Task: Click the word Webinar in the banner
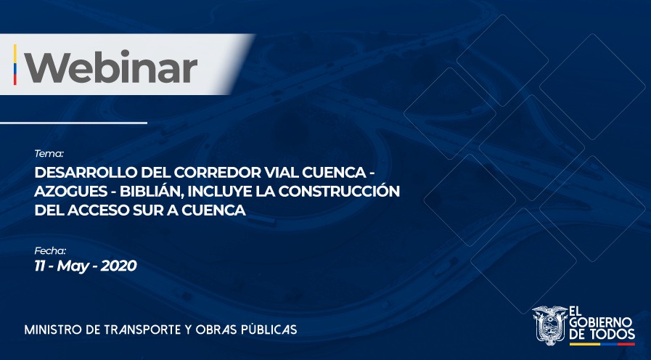111,67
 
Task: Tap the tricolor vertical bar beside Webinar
15,65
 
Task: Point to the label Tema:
49,154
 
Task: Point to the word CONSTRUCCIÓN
339,191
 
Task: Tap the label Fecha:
50,251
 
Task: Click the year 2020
118,266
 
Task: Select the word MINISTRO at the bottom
52,330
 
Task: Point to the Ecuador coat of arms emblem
549,325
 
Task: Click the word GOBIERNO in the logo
601,322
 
